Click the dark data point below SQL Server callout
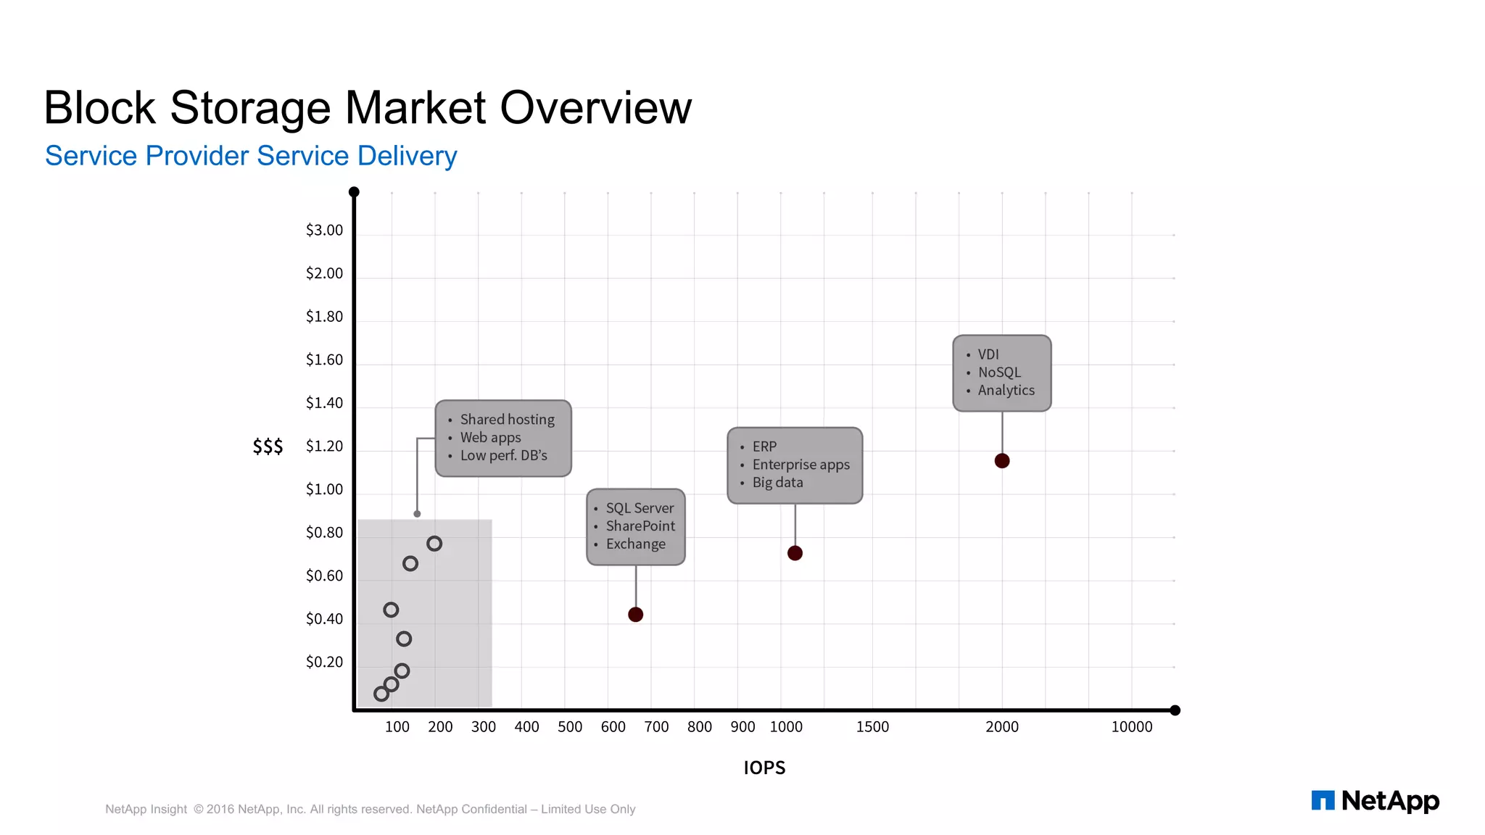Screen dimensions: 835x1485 tap(635, 615)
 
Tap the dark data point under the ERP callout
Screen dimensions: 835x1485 tap(795, 553)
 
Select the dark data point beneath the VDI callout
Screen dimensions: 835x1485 tap(1002, 461)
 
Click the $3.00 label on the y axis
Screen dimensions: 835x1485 tap(324, 230)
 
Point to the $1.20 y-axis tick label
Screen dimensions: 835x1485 tap(324, 446)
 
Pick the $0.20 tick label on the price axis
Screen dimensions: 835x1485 tap(324, 662)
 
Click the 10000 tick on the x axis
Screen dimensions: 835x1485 tap(1131, 727)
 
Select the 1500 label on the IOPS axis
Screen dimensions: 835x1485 tap(872, 727)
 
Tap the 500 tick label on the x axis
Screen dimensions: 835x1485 tap(570, 727)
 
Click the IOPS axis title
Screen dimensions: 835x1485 tap(764, 768)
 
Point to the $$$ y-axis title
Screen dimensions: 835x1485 tap(268, 446)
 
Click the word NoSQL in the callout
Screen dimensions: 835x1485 tap(999, 373)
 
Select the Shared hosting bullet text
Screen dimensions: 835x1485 tap(507, 420)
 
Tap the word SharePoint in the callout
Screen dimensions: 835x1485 tap(640, 526)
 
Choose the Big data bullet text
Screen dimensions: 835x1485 tap(777, 483)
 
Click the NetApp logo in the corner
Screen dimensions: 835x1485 tap(1375, 801)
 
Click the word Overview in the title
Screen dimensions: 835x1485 tap(595, 108)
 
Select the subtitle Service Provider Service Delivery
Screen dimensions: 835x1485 tap(251, 156)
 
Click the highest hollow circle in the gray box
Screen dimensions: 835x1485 tap(434, 544)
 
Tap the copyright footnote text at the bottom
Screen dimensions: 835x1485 tap(370, 809)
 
